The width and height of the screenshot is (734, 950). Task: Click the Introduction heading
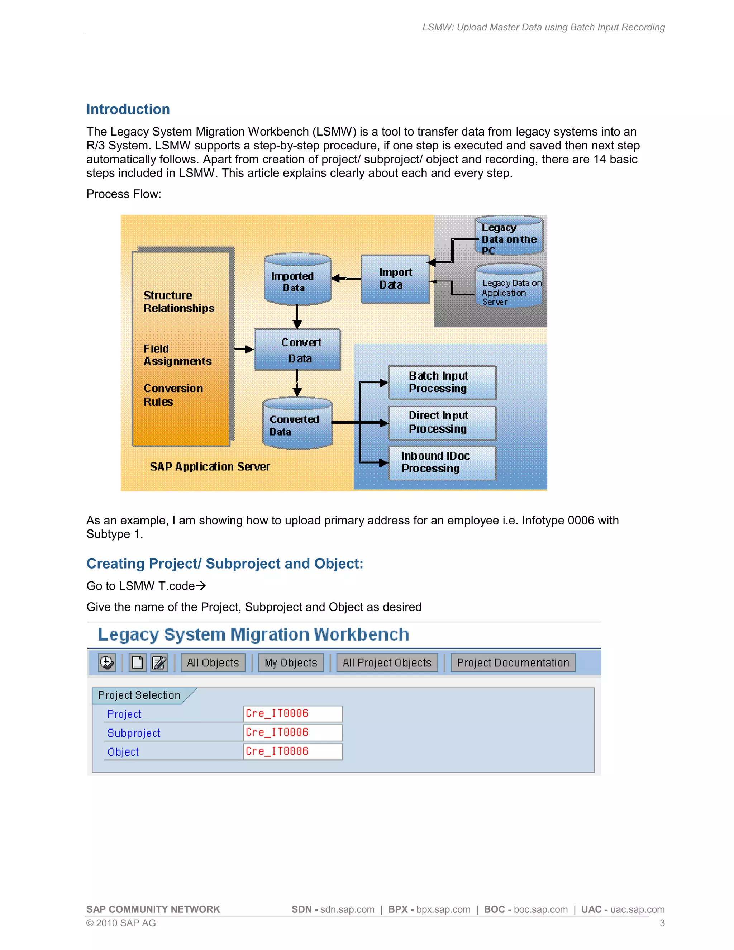click(x=128, y=109)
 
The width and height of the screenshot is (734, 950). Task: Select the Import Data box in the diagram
click(x=395, y=279)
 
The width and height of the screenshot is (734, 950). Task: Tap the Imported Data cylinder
click(x=297, y=279)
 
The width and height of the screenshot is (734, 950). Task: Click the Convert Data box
click(x=297, y=350)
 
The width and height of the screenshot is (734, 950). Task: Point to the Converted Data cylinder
click(x=297, y=424)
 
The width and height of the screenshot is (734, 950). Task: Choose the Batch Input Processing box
click(x=442, y=383)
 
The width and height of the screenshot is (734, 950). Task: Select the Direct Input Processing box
click(x=442, y=422)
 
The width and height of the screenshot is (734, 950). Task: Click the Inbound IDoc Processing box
click(x=442, y=462)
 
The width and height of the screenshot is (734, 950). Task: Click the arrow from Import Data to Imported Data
click(x=346, y=279)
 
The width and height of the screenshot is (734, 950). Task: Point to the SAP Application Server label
click(x=210, y=467)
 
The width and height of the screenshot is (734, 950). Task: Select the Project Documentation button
click(x=513, y=662)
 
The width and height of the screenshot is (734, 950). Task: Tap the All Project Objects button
click(x=387, y=662)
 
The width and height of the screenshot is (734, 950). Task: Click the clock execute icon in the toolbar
click(x=106, y=662)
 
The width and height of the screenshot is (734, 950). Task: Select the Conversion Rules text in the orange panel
click(x=173, y=395)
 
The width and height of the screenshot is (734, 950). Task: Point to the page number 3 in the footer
click(x=662, y=923)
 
